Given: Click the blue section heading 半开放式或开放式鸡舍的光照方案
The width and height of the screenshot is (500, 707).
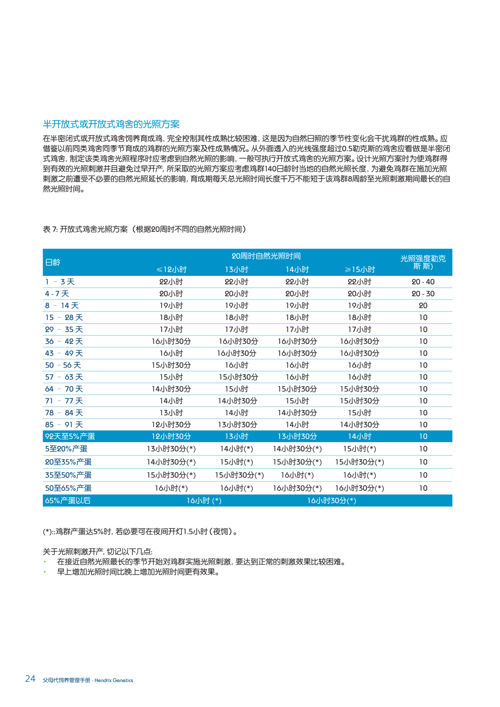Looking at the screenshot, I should [x=111, y=124].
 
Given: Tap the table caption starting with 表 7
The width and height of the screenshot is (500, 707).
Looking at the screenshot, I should [x=144, y=229].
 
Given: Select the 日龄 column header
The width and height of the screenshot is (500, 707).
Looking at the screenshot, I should [x=53, y=263].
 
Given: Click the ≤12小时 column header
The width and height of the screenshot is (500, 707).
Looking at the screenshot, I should [x=171, y=269].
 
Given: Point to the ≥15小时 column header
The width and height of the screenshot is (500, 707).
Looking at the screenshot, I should [x=360, y=269].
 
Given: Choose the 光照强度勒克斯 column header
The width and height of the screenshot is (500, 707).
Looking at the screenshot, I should [x=423, y=262].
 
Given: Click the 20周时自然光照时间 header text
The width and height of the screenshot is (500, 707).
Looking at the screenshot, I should [x=266, y=256].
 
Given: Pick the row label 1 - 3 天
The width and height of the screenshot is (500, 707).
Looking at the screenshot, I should [x=60, y=282].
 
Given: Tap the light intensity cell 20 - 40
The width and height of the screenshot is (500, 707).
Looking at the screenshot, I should [x=423, y=282].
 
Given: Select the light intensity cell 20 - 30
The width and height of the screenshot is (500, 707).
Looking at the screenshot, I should [x=423, y=294].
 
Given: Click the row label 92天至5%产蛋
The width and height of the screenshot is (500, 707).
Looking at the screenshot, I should [x=70, y=437].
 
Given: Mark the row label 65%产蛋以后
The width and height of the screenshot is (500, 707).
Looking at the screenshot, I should [x=68, y=501].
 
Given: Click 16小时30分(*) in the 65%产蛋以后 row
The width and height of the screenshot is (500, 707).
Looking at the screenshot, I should [x=331, y=501].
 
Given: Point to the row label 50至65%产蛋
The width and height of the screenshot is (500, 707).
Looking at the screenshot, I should [x=68, y=488].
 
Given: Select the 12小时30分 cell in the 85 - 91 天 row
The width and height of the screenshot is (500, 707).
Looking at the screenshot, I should [x=171, y=425].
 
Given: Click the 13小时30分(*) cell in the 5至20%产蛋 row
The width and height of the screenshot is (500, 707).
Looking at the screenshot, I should [x=171, y=449].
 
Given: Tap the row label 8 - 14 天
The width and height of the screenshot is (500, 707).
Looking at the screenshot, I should [x=62, y=306].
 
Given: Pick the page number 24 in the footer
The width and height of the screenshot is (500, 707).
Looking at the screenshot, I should [x=30, y=679].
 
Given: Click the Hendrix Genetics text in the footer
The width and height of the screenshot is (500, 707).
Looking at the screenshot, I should [x=114, y=680].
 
